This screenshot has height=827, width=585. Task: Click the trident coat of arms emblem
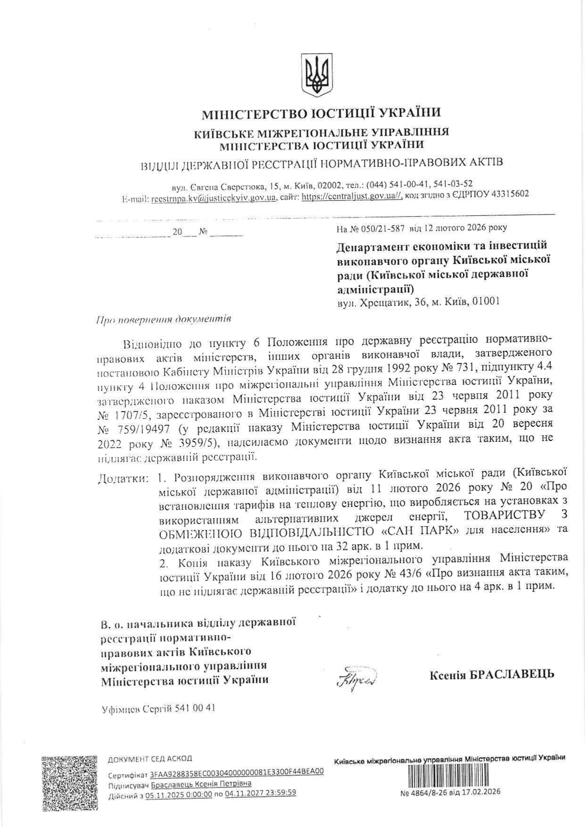pos(317,75)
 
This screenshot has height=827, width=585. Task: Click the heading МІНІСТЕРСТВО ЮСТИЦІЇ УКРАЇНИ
pos(321,114)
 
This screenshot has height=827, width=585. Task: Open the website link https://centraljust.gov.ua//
pos(351,198)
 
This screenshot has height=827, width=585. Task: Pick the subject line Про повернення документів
pos(163,319)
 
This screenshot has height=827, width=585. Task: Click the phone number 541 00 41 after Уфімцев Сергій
pos(195,708)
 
